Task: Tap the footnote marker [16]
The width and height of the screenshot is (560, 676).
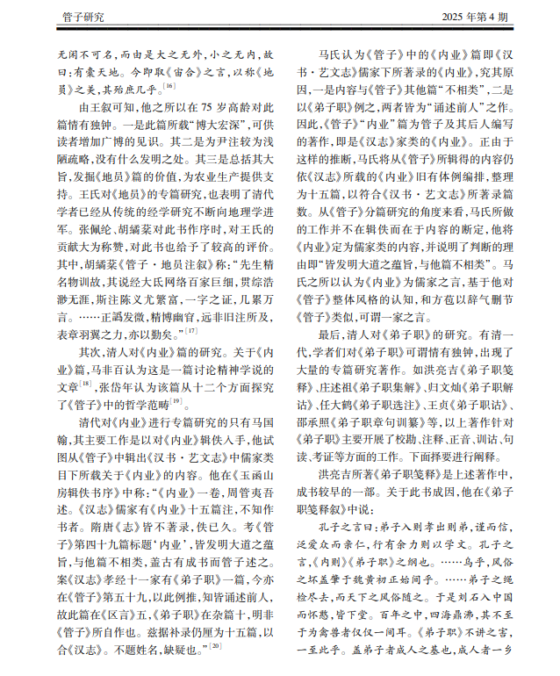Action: point(169,86)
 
